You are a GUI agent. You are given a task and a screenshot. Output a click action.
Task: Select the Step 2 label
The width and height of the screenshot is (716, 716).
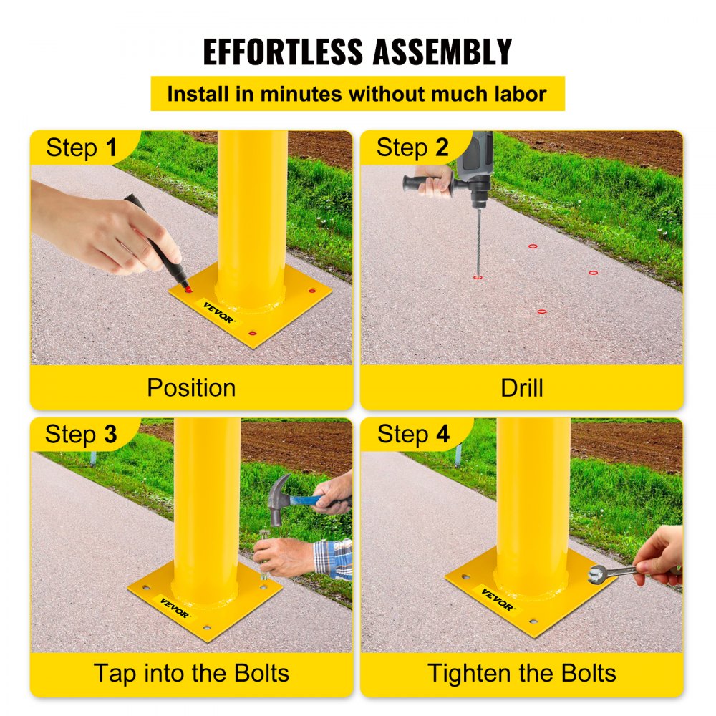[x=412, y=147]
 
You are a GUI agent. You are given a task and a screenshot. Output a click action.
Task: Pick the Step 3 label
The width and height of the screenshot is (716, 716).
[x=80, y=434]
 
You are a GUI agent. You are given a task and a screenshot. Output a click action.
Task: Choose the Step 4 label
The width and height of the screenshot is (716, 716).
[x=413, y=434]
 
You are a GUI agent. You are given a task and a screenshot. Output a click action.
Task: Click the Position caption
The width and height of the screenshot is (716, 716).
[x=191, y=387]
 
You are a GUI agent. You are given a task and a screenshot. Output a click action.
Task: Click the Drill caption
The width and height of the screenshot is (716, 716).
[x=521, y=387]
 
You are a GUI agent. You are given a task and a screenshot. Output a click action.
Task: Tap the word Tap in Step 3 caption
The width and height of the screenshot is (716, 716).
[x=116, y=673]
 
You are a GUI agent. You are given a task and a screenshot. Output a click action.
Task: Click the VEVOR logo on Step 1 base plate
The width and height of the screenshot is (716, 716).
[x=218, y=312]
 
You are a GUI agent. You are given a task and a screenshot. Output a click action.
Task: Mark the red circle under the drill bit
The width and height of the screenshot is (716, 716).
[x=478, y=276]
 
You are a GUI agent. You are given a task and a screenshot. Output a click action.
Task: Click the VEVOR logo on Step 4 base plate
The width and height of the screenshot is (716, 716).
[x=497, y=599]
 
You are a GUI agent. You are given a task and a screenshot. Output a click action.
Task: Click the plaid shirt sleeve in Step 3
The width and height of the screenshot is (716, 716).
[x=334, y=558]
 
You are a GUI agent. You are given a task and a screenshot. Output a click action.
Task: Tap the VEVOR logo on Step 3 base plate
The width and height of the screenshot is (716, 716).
[x=174, y=608]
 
